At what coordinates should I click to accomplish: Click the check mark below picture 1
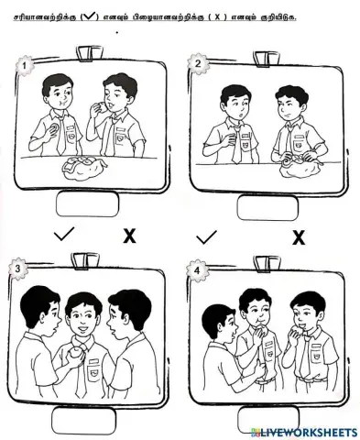point(65,236)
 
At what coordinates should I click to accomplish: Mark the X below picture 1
point(129,236)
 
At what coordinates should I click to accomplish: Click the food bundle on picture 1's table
point(83,166)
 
